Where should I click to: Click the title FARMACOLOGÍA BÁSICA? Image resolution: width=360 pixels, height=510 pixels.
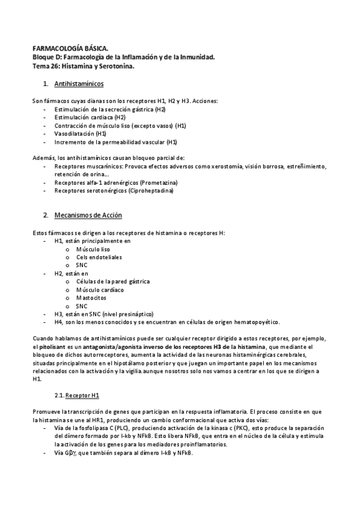tap(70, 48)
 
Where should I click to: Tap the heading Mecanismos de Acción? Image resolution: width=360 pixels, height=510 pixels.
tap(88, 215)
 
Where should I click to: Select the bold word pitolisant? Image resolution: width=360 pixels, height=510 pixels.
tap(53, 347)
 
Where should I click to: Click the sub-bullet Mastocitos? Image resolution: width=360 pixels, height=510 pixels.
tap(91, 297)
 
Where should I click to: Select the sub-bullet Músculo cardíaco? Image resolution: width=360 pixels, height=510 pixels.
tap(100, 289)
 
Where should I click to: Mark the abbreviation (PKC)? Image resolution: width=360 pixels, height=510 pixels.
tap(241, 428)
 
